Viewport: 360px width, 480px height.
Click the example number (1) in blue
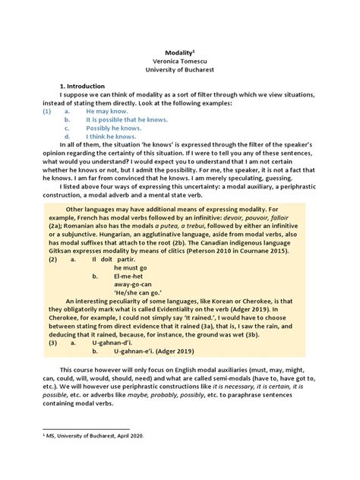[46, 111]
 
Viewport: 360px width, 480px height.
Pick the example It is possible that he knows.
[127, 119]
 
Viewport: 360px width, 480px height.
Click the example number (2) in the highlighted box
[50, 259]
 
